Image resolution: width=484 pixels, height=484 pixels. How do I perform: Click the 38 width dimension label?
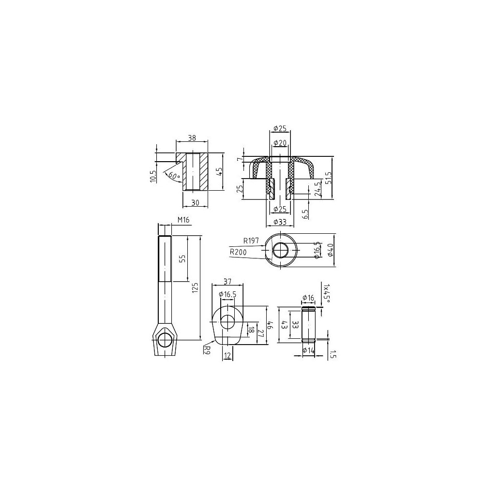click(x=192, y=138)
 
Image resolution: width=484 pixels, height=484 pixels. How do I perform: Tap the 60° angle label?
click(x=174, y=176)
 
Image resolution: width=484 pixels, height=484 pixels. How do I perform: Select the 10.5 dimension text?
click(x=153, y=177)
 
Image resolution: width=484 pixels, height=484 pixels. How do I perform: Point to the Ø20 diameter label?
click(x=280, y=142)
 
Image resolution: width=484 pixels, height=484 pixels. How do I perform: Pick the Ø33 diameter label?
click(x=280, y=222)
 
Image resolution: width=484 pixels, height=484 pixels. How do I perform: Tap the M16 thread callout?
click(x=183, y=220)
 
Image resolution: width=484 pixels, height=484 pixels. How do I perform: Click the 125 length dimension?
click(x=195, y=287)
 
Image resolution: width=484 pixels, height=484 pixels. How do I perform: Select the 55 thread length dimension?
click(x=183, y=258)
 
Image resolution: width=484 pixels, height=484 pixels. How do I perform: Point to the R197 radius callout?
click(x=251, y=241)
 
